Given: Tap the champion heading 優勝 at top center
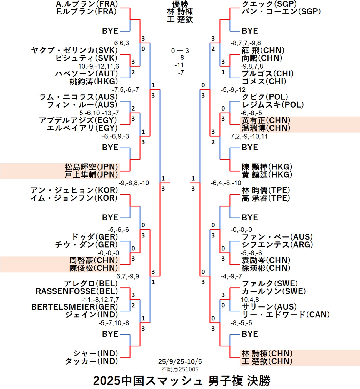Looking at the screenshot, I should (180, 4).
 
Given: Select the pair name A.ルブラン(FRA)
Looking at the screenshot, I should (87, 4).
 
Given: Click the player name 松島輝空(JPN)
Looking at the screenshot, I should (91, 167).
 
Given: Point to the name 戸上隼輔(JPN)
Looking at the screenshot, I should (91, 175).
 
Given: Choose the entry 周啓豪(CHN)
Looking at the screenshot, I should (94, 260).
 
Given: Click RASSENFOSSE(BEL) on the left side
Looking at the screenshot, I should (77, 291).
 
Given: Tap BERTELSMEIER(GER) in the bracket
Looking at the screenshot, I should (75, 307).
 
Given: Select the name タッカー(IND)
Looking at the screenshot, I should (91, 361).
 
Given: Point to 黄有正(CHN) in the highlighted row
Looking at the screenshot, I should (266, 120).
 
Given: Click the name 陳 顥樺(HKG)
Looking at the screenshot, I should (267, 167).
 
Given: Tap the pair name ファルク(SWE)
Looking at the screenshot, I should (270, 284).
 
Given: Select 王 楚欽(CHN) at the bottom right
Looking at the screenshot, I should (267, 361).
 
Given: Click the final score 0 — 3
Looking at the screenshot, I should (180, 51).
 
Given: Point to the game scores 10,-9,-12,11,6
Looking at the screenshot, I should (99, 66).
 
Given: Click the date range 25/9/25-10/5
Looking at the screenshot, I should (180, 361).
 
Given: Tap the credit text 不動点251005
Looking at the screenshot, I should (180, 369).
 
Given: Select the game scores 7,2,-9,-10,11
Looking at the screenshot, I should (249, 136).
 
